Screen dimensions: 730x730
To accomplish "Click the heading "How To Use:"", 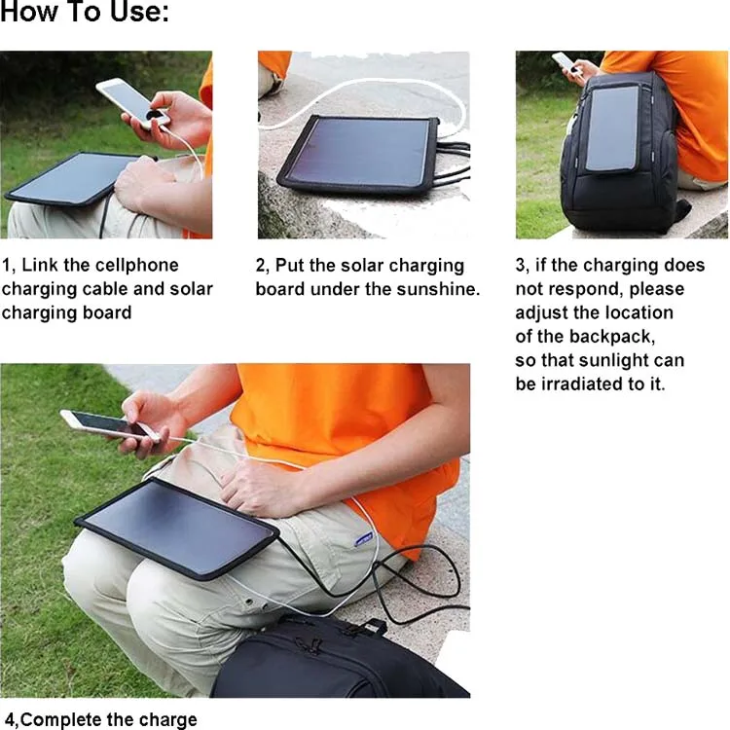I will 85,14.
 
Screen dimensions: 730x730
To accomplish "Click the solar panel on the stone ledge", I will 356,152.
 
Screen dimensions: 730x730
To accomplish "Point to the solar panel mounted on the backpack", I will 612,127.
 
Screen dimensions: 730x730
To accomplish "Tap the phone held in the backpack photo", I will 566,63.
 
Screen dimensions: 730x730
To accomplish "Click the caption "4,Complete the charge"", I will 101,720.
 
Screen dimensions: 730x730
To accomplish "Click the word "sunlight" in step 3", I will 618,360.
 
